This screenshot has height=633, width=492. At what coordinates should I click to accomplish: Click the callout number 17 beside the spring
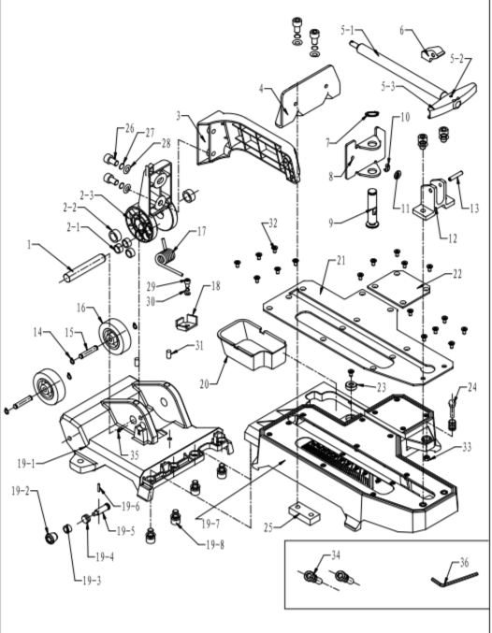coord(201,231)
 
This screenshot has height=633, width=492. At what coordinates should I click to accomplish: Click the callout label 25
coord(269,527)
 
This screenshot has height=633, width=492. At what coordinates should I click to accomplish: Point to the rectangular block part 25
coord(304,512)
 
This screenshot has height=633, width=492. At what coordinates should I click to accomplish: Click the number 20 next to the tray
coord(205,384)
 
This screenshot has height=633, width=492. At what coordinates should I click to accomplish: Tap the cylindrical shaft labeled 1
coord(84,268)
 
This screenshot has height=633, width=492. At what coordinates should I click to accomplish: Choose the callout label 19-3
coord(92,581)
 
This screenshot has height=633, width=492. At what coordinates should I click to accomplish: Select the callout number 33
coord(467,447)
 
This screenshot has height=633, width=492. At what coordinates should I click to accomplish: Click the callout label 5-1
coord(347,30)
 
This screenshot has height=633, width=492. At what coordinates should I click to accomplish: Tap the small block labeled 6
coord(431,53)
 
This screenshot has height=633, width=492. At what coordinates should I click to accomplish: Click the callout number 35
coord(134,455)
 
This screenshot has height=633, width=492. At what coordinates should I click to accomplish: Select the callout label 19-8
coord(215,544)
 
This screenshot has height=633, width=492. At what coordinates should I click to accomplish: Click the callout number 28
coord(166,144)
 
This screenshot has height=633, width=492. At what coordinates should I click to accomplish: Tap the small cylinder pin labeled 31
coord(168,353)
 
